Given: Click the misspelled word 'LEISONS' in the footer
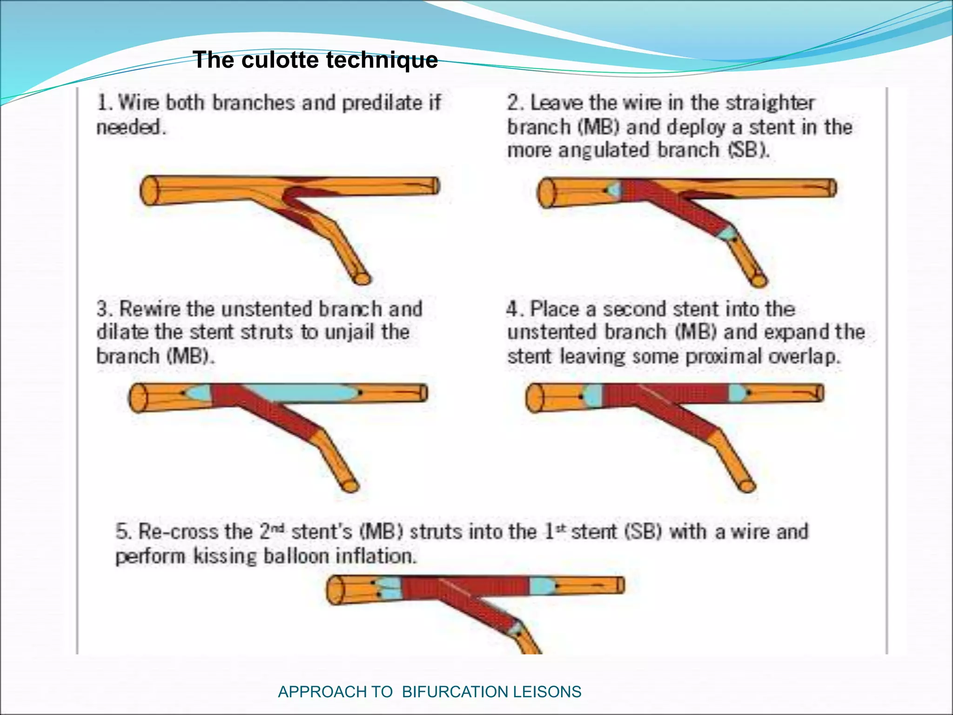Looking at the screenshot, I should click(x=547, y=692).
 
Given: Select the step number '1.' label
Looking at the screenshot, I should click(x=105, y=103).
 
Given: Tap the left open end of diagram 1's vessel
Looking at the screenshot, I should click(x=149, y=190).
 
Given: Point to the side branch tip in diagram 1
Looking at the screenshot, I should click(x=362, y=278).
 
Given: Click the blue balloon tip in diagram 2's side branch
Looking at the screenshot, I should click(x=728, y=232).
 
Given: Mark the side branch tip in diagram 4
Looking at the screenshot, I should click(x=747, y=486).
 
